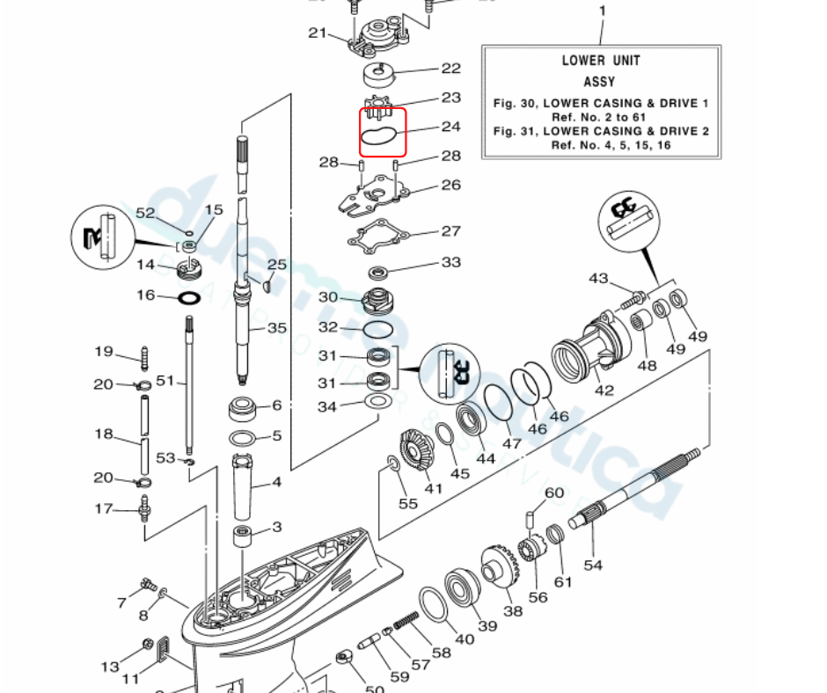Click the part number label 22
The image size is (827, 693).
(450, 69)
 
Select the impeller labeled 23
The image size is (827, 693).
(378, 106)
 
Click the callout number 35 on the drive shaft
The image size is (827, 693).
(277, 329)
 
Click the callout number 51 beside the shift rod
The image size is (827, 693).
(165, 381)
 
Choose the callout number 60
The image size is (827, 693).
(553, 493)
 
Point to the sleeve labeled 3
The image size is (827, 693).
(243, 536)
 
